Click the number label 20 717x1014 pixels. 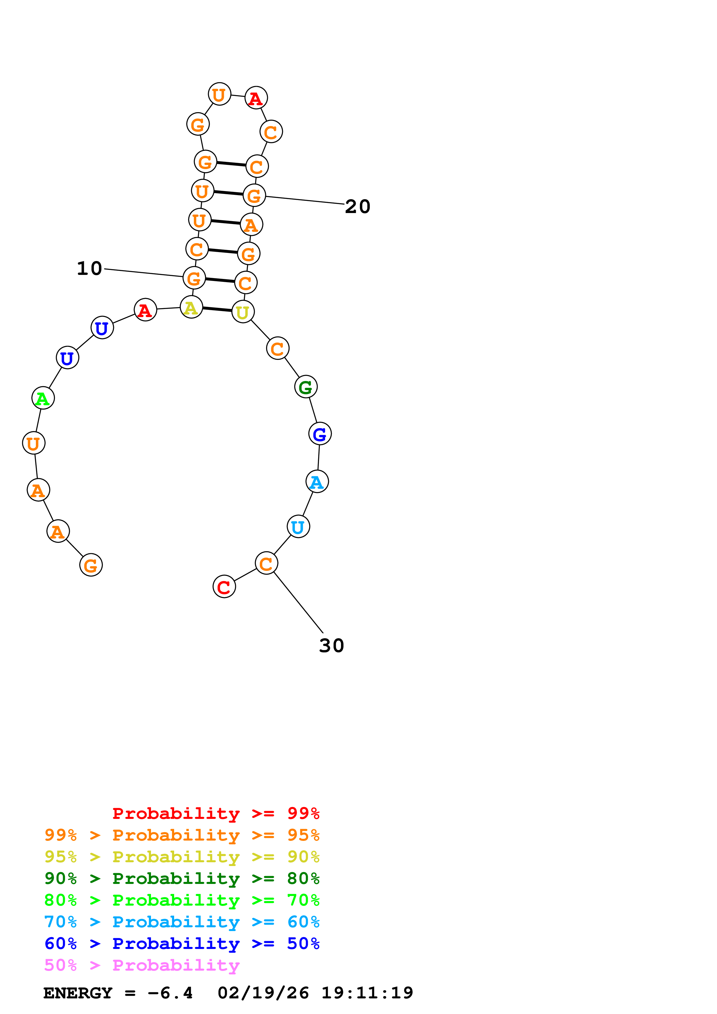357,206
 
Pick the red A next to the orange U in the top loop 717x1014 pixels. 256,98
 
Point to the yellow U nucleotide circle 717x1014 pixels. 243,312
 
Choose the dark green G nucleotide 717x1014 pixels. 306,387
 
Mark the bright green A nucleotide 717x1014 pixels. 43,398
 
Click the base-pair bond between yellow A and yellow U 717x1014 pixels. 217,309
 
